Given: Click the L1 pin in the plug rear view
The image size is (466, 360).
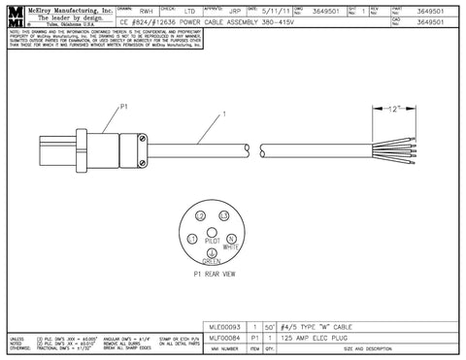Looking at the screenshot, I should pyautogui.click(x=193, y=240).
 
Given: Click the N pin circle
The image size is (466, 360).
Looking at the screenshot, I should pyautogui.click(x=231, y=240).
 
